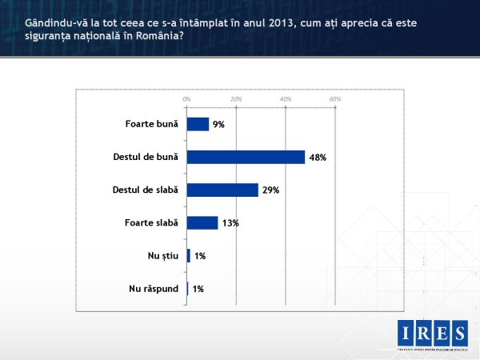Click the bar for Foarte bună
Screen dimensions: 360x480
click(x=198, y=124)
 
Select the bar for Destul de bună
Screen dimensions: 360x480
click(x=246, y=157)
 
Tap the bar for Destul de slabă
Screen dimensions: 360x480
click(x=222, y=190)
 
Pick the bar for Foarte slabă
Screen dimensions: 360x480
click(x=202, y=222)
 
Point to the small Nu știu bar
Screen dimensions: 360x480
click(x=189, y=255)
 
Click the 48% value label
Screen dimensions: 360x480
click(x=318, y=158)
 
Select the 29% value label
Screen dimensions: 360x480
click(x=271, y=190)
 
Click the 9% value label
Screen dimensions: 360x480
click(x=218, y=125)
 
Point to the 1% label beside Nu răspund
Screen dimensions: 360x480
click(x=198, y=289)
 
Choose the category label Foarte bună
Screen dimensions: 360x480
click(x=152, y=125)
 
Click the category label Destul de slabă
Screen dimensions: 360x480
click(x=145, y=190)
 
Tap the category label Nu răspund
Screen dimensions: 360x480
click(x=154, y=289)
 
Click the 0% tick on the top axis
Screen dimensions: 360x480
click(x=186, y=98)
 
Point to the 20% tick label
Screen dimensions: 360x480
click(x=236, y=98)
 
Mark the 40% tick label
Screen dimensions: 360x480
click(x=286, y=98)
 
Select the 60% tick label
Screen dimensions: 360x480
click(x=335, y=98)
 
